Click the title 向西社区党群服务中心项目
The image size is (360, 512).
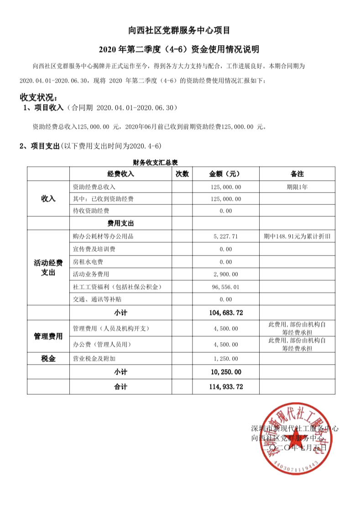pos(179,31)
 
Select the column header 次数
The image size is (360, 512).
pos(182,174)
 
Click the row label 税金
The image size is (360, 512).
pos(48,359)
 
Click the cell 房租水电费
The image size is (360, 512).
pos(92,262)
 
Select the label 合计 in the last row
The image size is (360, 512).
pos(120,387)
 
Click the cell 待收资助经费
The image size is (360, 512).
pos(91,211)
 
